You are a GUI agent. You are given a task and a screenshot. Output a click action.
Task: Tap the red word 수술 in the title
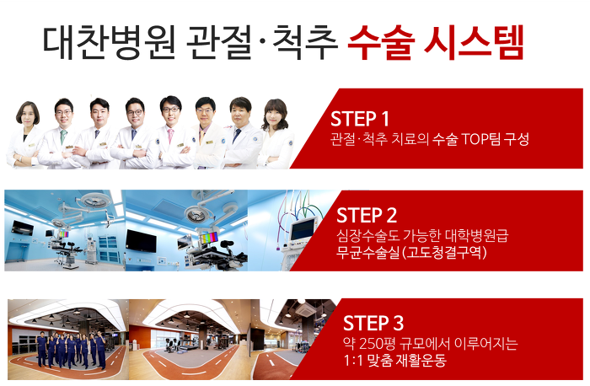[381, 42]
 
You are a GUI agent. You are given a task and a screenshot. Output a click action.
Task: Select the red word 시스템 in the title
[474, 42]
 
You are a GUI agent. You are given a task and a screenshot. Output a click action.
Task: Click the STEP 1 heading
[359, 119]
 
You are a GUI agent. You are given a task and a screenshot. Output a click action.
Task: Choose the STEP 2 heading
[367, 216]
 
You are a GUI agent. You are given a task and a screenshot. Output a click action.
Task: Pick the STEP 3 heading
[373, 323]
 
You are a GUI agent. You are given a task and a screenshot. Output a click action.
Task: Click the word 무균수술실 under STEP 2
[367, 252]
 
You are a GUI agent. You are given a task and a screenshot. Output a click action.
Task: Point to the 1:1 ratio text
[352, 360]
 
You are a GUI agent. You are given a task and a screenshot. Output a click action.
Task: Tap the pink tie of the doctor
[170, 136]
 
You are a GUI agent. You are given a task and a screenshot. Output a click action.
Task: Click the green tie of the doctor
[63, 137]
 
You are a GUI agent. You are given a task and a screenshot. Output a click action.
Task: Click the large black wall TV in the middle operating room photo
[141, 240]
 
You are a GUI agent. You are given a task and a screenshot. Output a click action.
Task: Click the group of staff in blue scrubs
[71, 349]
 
